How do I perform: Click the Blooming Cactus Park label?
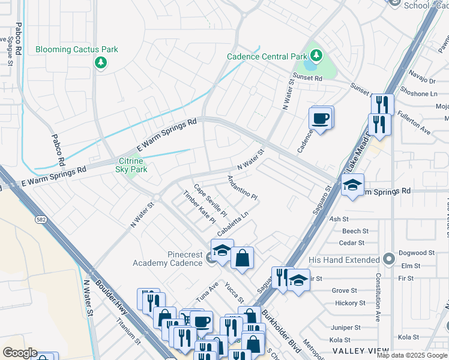[77, 50]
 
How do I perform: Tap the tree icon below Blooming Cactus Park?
[101, 62]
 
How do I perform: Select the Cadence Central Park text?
[266, 57]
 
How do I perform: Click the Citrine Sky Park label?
[131, 166]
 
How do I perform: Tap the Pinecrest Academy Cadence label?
[168, 259]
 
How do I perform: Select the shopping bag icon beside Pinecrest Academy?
[242, 258]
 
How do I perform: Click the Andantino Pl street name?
[243, 188]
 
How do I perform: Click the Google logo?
[20, 353]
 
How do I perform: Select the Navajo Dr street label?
[423, 80]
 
